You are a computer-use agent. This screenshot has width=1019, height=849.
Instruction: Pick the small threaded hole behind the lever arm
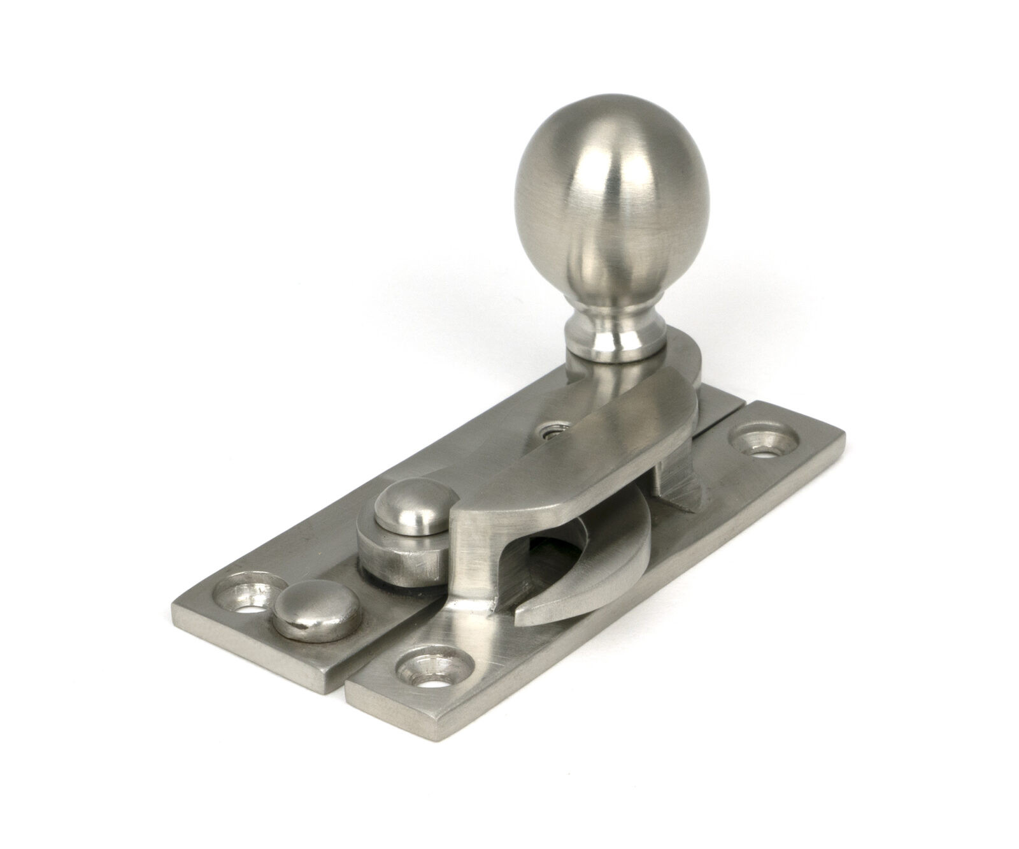tap(546, 433)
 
